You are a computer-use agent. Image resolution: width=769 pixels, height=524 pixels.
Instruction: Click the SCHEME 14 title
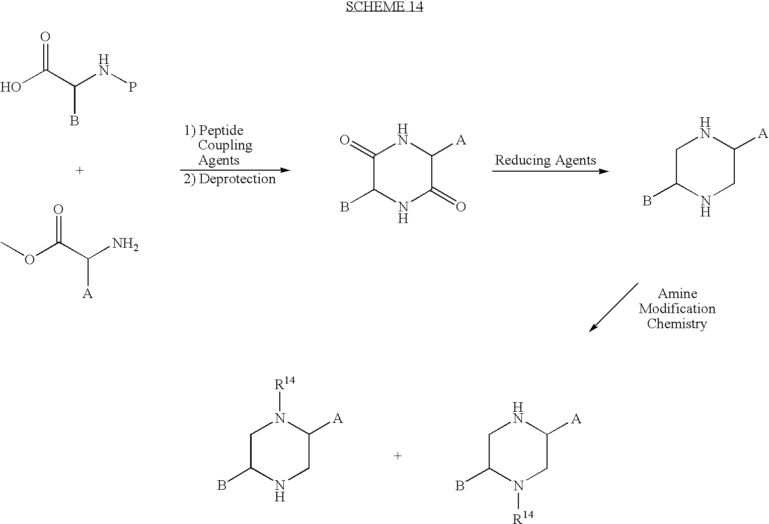click(x=384, y=7)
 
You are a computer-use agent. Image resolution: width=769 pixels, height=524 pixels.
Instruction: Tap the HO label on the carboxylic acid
click(x=11, y=87)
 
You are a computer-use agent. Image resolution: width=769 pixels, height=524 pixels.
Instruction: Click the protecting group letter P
click(x=132, y=87)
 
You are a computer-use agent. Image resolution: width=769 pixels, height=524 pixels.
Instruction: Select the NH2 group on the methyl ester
click(x=125, y=244)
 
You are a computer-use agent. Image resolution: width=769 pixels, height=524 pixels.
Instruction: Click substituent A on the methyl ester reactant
click(x=88, y=293)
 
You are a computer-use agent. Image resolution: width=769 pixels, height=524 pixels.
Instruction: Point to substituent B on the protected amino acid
click(x=74, y=121)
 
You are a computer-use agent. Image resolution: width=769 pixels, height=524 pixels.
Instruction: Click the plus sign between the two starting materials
click(x=80, y=170)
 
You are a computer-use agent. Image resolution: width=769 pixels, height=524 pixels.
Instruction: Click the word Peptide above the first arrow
click(x=221, y=131)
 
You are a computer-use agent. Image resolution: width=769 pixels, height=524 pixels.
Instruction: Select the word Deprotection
click(x=237, y=179)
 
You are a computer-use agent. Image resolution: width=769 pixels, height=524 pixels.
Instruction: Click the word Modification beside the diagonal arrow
click(x=677, y=309)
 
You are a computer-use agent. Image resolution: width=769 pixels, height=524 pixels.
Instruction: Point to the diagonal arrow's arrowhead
click(x=593, y=328)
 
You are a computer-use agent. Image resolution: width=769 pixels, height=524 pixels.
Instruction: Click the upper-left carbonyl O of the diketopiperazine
click(x=345, y=140)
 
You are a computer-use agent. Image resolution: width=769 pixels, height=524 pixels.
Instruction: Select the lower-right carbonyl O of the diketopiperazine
click(x=460, y=207)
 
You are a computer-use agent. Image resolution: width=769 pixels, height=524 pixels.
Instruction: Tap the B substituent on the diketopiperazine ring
click(x=344, y=207)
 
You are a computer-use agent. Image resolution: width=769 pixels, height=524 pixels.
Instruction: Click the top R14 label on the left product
click(x=284, y=384)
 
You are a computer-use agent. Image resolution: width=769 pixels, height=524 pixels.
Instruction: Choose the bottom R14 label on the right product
click(x=523, y=517)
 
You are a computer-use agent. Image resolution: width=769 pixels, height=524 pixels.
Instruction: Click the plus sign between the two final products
click(x=398, y=456)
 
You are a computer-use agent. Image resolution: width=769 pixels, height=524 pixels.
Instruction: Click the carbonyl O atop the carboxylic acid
click(x=45, y=37)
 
